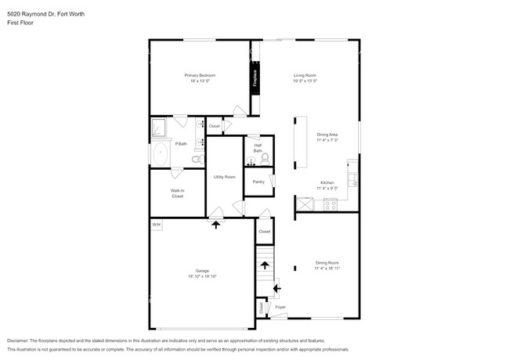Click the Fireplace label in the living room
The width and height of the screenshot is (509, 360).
coord(254,78)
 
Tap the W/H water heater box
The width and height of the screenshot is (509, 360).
coord(157,225)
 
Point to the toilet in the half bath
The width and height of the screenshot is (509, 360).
coord(264,158)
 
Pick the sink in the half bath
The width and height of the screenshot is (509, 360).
coord(251,161)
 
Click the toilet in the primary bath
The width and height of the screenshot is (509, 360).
coord(197,159)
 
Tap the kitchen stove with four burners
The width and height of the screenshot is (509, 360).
coord(330,205)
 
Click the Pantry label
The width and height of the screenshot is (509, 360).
coord(258,182)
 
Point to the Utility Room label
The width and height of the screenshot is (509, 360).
coord(225,177)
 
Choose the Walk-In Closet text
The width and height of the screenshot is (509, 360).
coord(178,193)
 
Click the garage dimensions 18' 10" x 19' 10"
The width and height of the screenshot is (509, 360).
coord(201,276)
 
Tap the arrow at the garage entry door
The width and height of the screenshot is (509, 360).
coord(216,224)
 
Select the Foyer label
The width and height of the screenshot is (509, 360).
coord(280,308)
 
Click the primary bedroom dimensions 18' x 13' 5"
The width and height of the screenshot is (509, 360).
coord(200,81)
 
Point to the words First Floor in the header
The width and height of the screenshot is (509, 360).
coord(20,23)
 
